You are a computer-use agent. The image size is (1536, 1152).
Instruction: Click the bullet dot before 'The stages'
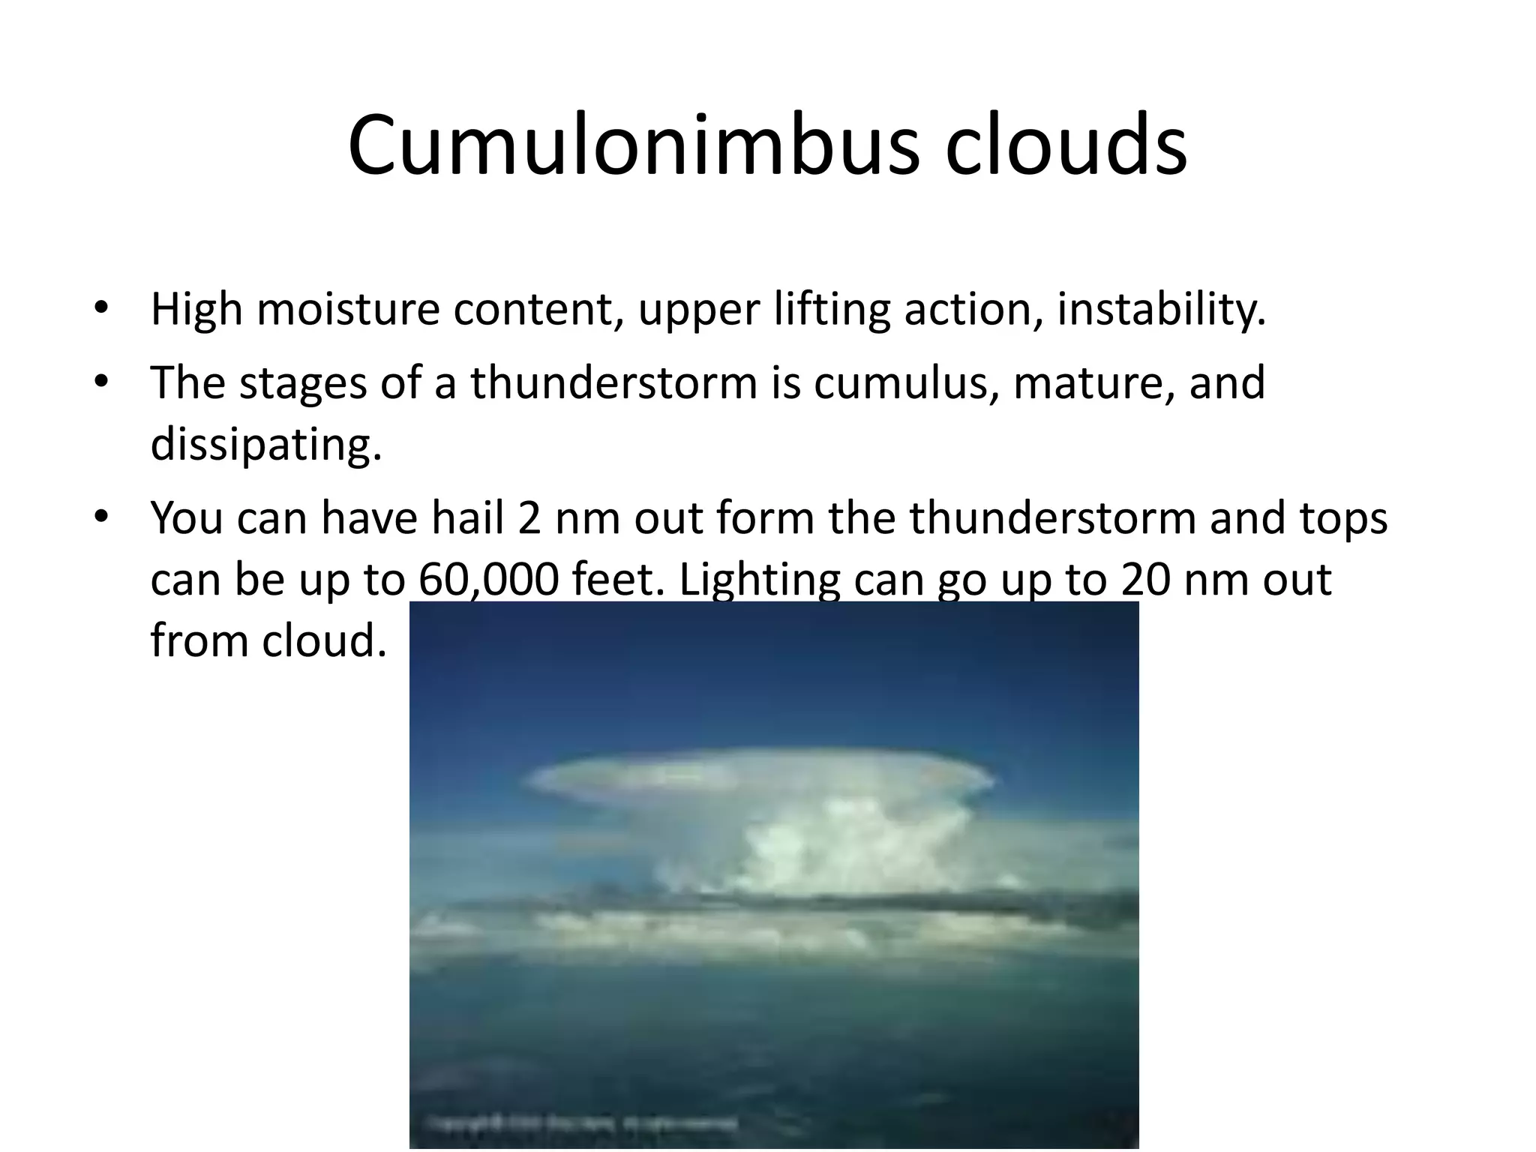pyautogui.click(x=101, y=382)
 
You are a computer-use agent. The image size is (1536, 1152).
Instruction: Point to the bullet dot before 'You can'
pyautogui.click(x=101, y=517)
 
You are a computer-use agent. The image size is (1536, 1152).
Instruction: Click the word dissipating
pyautogui.click(x=266, y=444)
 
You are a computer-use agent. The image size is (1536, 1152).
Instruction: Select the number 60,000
pyautogui.click(x=488, y=579)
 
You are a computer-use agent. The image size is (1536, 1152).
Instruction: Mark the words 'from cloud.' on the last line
pyautogui.click(x=268, y=640)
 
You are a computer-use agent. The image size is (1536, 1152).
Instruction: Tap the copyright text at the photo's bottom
pyautogui.click(x=581, y=1123)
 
